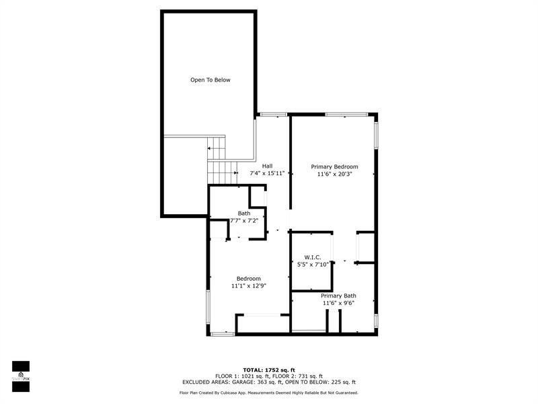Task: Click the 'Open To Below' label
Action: (210, 80)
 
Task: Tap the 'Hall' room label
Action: (267, 166)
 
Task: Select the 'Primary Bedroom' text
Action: (334, 166)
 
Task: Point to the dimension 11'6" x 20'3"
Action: (334, 174)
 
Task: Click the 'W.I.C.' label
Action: (312, 257)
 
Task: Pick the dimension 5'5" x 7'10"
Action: (313, 265)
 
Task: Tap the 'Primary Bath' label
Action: (338, 296)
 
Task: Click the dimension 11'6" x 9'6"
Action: (338, 303)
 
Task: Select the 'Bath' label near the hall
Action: (243, 213)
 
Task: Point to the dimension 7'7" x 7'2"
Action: (244, 221)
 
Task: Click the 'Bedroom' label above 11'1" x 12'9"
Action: (248, 279)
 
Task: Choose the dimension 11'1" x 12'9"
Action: (248, 286)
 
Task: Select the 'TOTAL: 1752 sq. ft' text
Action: (269, 370)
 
